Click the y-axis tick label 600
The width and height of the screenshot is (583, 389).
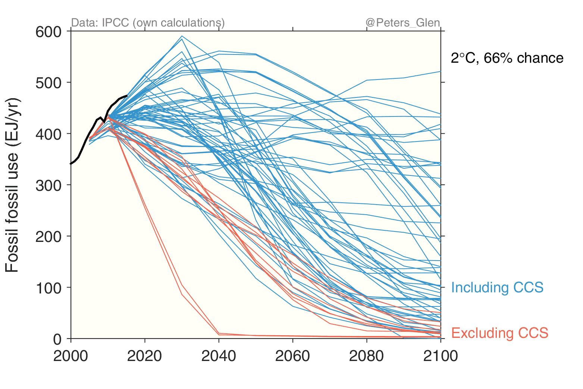coord(48,32)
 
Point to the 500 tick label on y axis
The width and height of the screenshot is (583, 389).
coord(48,83)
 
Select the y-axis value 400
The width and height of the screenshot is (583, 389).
coord(48,134)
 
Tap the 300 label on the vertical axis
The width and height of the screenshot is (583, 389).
coord(48,185)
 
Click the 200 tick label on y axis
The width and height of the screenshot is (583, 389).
coord(48,236)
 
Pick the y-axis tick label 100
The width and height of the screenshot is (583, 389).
coord(48,288)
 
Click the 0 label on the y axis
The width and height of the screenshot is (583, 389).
coord(57,339)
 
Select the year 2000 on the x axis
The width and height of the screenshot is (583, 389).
coord(70,356)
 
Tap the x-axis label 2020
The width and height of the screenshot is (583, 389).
coord(144,356)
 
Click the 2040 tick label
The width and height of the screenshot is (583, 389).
coord(219,356)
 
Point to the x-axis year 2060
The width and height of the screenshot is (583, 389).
coord(292,356)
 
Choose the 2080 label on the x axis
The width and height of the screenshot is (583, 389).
coord(366,356)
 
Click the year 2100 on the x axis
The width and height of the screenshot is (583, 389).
coord(441,356)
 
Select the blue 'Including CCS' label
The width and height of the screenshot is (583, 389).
coord(497,287)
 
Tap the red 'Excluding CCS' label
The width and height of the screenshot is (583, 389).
coord(500,333)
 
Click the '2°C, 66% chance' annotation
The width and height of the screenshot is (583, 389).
coord(507,58)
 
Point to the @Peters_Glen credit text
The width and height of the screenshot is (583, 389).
coord(403,23)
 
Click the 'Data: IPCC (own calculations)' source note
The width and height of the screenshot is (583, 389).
coord(148,23)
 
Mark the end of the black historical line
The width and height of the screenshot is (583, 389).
coord(127,96)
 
